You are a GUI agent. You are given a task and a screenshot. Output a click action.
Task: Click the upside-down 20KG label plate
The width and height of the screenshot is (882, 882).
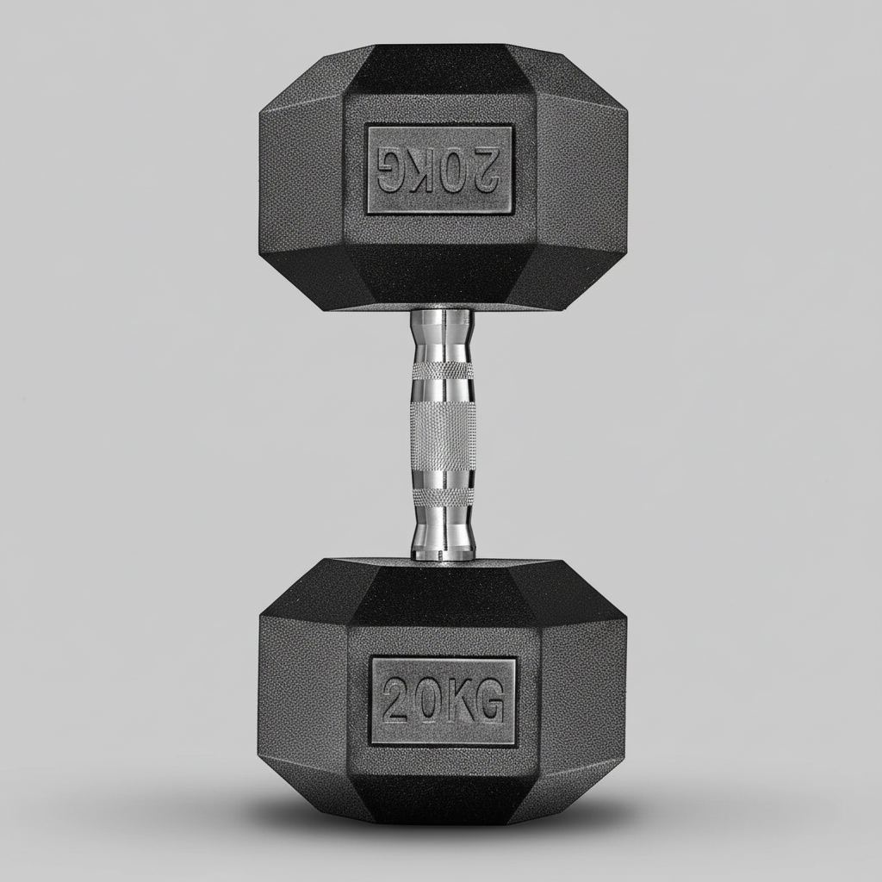click(439, 170)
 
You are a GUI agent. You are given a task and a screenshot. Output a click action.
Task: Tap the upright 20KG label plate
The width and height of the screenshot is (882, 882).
click(443, 701)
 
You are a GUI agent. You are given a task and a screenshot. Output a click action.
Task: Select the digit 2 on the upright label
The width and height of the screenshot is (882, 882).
click(399, 700)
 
